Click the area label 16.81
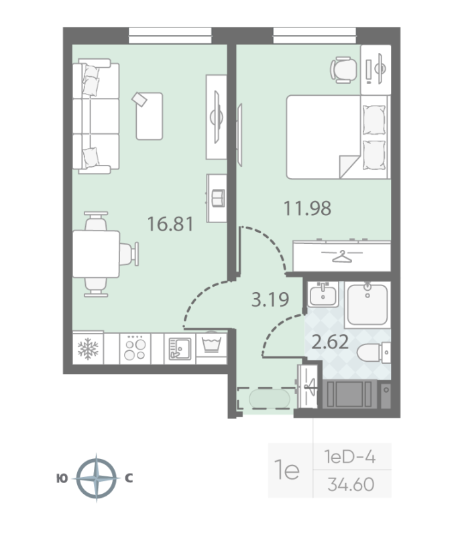coord(170,223)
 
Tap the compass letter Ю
coord(62,478)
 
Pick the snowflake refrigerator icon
coord(89,348)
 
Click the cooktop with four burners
coord(135,348)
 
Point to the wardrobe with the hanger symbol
coord(341,255)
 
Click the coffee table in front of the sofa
coord(149,115)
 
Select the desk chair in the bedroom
coord(343,69)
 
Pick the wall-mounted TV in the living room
coord(216,116)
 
